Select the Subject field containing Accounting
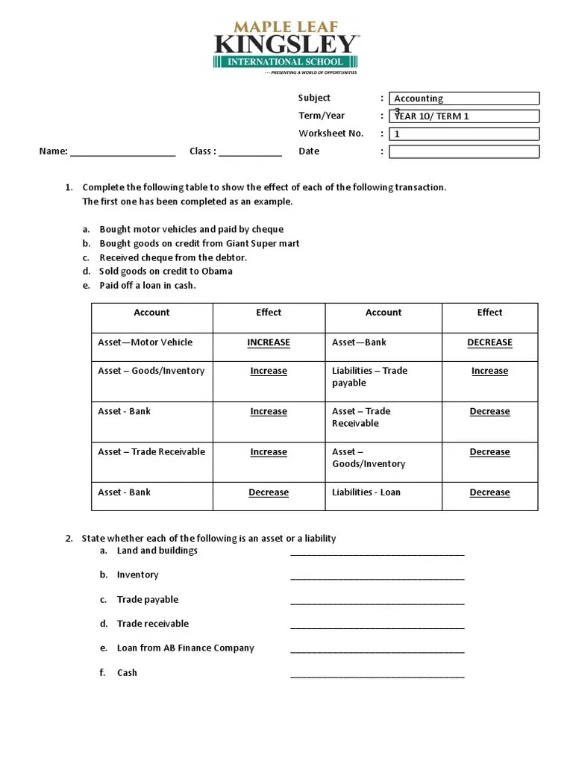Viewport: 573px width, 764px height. pos(463,98)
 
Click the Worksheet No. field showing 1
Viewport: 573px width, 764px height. pos(463,134)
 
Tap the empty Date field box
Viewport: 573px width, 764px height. pos(463,152)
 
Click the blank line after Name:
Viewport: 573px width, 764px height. pos(122,152)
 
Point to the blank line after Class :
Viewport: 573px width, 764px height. pos(250,152)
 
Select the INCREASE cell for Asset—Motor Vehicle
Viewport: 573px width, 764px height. pos(269,342)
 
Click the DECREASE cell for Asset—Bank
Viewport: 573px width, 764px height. pos(489,342)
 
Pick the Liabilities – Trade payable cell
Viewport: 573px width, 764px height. pos(383,377)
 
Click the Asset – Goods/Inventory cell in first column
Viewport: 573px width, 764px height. pos(151,371)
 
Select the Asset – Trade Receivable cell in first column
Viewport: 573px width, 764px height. pos(151,451)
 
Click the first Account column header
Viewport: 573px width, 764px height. pos(151,313)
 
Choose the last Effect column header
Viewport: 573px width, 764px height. pos(489,313)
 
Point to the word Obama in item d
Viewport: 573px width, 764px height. pos(217,271)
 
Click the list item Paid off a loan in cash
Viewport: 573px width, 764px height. pos(148,285)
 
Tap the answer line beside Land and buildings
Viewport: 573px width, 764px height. pos(377,552)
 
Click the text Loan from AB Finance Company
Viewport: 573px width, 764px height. pos(185,648)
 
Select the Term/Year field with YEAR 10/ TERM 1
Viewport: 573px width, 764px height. pos(463,116)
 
